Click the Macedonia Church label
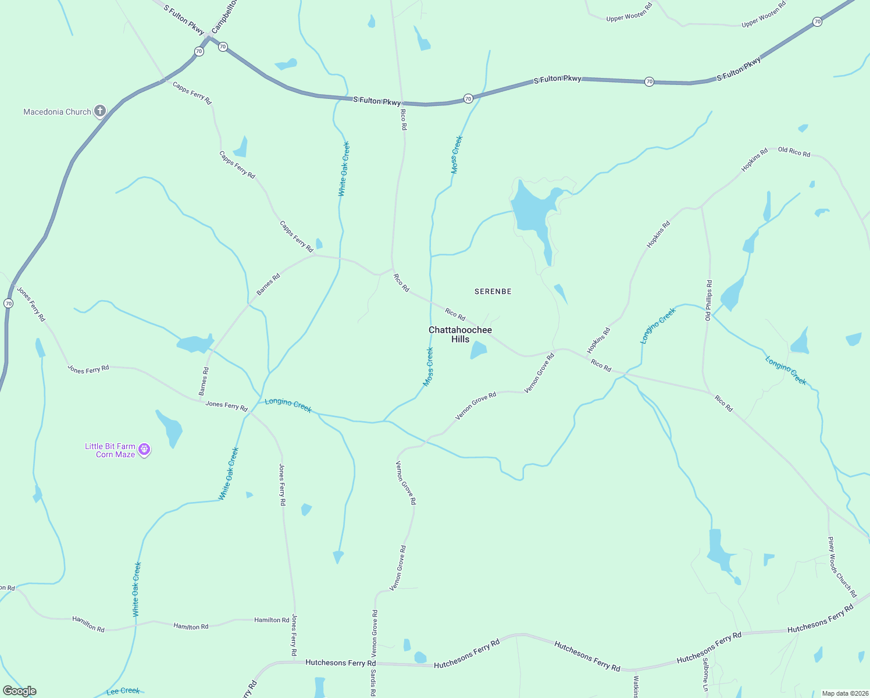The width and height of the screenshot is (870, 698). pyautogui.click(x=57, y=112)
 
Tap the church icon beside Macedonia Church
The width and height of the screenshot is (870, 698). pyautogui.click(x=100, y=111)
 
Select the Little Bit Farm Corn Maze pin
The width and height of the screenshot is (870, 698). pyautogui.click(x=144, y=449)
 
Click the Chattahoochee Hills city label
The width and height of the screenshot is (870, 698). pyautogui.click(x=460, y=334)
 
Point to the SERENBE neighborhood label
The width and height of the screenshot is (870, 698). pyautogui.click(x=493, y=291)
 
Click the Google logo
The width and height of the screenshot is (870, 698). pyautogui.click(x=20, y=691)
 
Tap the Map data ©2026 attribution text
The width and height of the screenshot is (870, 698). pyautogui.click(x=843, y=693)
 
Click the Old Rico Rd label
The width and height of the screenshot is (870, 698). pyautogui.click(x=794, y=152)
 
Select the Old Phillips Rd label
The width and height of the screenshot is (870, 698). pyautogui.click(x=708, y=300)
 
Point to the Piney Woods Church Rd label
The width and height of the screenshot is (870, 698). pyautogui.click(x=842, y=567)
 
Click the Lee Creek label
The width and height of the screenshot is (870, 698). pyautogui.click(x=123, y=691)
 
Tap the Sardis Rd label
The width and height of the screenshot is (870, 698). pyautogui.click(x=373, y=683)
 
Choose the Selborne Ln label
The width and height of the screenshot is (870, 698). pyautogui.click(x=705, y=675)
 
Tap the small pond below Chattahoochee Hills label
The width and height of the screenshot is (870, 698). pyautogui.click(x=478, y=350)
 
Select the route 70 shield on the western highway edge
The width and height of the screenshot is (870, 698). pyautogui.click(x=8, y=303)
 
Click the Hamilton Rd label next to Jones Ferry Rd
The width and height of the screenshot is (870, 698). pyautogui.click(x=272, y=620)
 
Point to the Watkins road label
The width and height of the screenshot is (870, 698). pyautogui.click(x=636, y=686)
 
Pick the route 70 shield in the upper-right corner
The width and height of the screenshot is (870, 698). pyautogui.click(x=817, y=22)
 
